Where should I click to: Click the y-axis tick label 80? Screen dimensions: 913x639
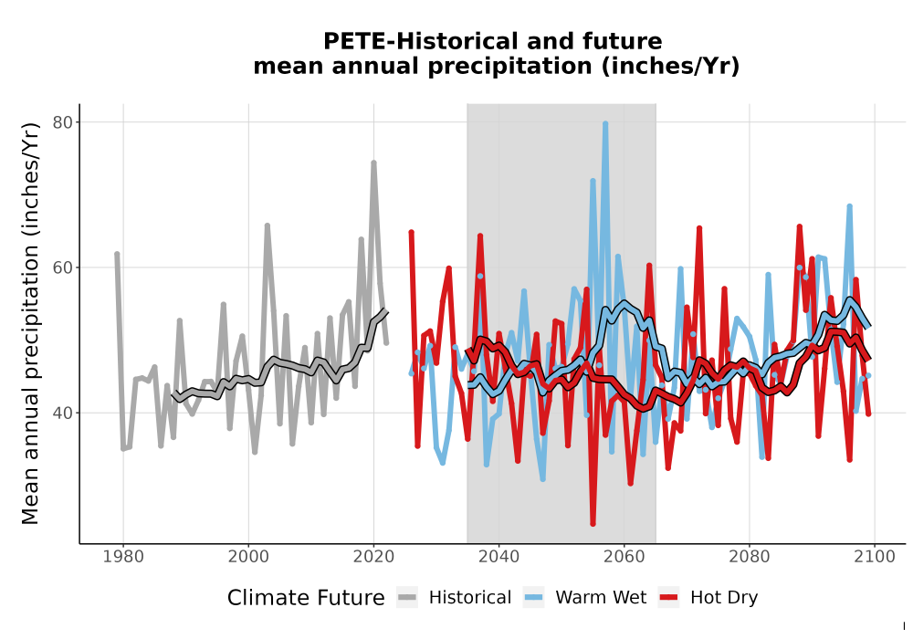tap(62, 122)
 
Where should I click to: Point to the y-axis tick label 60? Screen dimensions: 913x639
tap(62, 267)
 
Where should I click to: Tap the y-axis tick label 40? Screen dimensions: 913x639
tap(62, 414)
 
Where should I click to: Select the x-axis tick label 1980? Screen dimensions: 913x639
tap(123, 557)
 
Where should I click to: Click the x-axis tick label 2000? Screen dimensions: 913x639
tap(248, 557)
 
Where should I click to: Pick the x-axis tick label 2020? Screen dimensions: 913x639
tap(373, 557)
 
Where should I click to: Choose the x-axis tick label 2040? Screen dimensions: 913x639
tap(499, 557)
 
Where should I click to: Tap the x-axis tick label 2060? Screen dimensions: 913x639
tap(624, 557)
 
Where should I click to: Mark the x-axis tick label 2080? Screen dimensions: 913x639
tap(750, 557)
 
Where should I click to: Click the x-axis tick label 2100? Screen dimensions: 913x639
tap(875, 557)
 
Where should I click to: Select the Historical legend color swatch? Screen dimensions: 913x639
tap(407, 598)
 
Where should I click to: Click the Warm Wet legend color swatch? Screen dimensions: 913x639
tap(533, 598)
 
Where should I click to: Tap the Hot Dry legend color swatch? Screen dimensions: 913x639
tap(669, 598)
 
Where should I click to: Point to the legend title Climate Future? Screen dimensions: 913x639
tap(306, 598)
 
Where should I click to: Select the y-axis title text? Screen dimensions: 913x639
tap(30, 323)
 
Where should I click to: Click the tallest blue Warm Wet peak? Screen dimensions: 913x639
tap(605, 123)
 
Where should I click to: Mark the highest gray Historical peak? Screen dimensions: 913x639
tap(373, 163)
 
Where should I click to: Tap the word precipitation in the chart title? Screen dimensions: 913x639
tap(510, 67)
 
